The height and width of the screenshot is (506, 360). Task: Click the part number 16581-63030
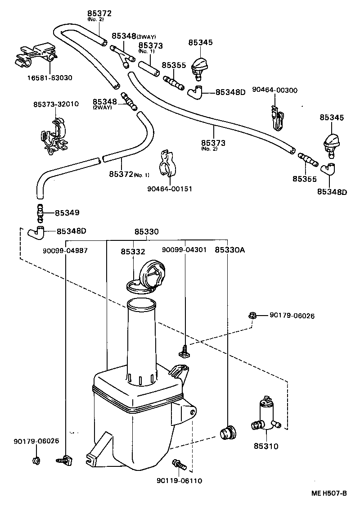49,77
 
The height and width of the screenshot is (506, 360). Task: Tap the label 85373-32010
56,104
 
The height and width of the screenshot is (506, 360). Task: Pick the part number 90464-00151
169,189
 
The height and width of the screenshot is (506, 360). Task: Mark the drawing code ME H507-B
329,493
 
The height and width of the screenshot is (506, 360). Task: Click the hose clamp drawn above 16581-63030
37,54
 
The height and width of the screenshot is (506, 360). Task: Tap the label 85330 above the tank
146,232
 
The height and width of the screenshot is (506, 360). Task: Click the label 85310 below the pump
266,447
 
